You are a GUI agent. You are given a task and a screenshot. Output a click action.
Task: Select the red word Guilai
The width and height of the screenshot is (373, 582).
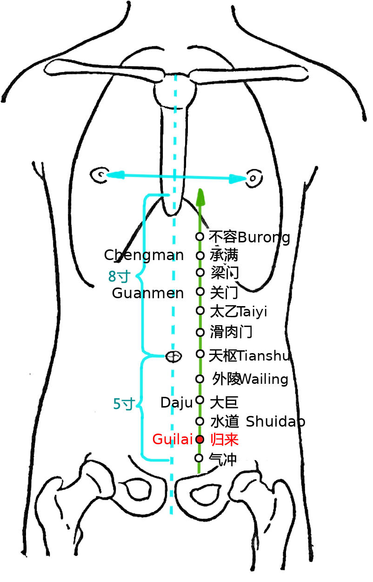point(173,439)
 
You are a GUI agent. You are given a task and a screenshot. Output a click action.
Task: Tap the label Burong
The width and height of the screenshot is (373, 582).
point(264,238)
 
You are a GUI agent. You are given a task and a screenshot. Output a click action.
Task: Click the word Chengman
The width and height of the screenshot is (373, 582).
point(144,255)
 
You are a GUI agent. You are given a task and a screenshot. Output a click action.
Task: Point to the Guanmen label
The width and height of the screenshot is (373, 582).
point(148,294)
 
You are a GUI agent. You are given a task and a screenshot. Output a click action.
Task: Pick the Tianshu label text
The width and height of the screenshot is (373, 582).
point(263,356)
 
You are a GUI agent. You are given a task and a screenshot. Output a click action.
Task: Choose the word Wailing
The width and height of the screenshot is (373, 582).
point(264,379)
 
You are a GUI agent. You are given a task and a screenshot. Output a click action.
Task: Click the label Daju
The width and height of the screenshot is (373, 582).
point(177,403)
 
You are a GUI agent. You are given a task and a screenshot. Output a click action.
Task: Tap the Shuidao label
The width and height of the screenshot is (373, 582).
point(275,421)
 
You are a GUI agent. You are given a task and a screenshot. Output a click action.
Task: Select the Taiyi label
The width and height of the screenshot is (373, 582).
point(253,312)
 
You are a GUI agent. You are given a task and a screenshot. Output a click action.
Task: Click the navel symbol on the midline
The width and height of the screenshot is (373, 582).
point(173,356)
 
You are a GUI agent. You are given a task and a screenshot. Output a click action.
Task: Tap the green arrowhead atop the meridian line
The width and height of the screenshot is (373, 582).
point(200,197)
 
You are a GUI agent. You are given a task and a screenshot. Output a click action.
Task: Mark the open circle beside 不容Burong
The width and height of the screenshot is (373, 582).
point(200,237)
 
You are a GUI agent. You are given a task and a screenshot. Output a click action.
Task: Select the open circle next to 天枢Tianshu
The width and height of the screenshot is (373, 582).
point(200,354)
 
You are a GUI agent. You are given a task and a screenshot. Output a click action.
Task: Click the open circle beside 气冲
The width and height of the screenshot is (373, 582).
point(199,458)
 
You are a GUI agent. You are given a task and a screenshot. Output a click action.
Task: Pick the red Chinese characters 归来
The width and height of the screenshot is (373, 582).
point(225,440)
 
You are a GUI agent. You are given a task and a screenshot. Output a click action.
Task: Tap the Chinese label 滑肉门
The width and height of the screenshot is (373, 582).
point(231,332)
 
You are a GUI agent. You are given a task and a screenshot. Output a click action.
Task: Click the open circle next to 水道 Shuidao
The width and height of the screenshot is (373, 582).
point(200,421)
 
